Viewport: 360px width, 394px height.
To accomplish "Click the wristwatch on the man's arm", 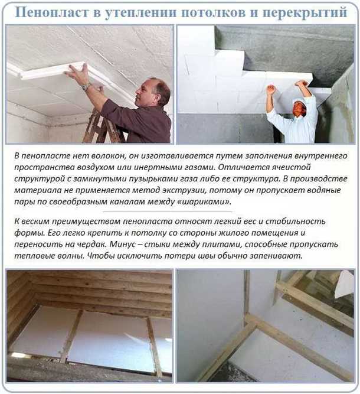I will (x=87, y=86).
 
